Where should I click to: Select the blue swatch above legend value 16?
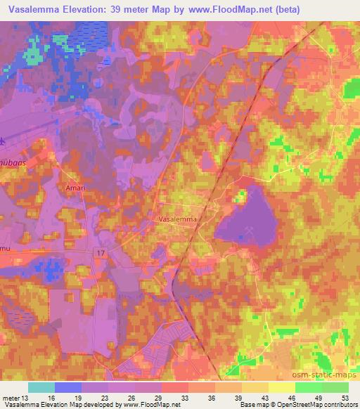[68, 387]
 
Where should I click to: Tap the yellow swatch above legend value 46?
[281, 387]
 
